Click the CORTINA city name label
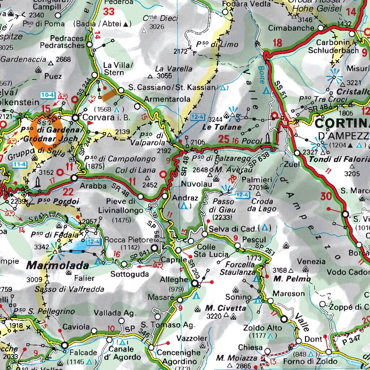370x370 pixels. (x=342, y=124)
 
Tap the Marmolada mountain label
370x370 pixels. (x=58, y=266)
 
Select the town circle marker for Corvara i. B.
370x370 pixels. (x=75, y=117)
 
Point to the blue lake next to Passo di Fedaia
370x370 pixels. (x=77, y=246)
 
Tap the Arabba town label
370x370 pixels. (x=93, y=186)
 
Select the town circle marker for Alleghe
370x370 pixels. (x=194, y=284)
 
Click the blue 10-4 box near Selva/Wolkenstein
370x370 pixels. (x=48, y=95)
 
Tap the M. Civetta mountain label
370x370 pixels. (x=225, y=308)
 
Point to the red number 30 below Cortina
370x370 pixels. (x=326, y=197)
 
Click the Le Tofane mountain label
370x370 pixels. (x=221, y=127)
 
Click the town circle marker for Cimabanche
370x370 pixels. (x=320, y=28)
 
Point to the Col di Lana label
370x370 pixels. (x=130, y=170)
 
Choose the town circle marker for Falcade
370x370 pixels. (x=64, y=345)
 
